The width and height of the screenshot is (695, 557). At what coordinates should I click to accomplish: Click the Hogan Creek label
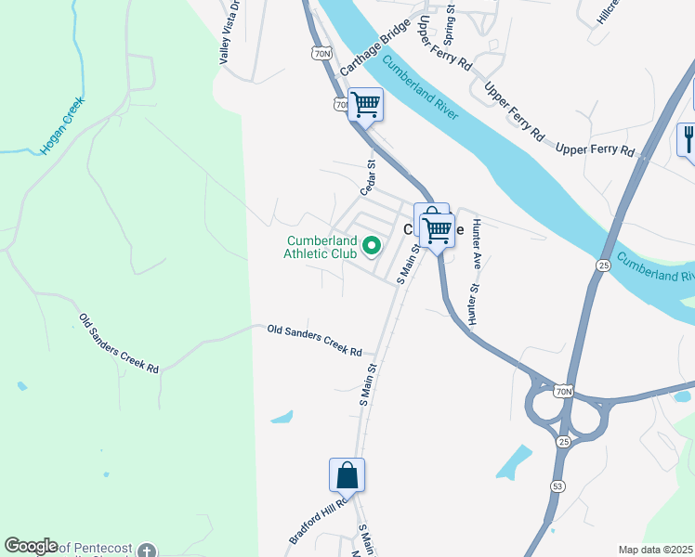(x=62, y=125)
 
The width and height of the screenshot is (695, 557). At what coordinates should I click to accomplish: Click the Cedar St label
(x=367, y=176)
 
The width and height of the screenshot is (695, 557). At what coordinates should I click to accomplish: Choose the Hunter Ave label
(x=477, y=243)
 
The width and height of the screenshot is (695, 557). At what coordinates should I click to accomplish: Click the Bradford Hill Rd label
(x=318, y=522)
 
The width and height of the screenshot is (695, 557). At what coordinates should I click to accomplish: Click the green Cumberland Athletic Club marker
(x=372, y=246)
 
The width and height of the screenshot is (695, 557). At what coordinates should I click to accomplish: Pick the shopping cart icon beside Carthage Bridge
(x=366, y=104)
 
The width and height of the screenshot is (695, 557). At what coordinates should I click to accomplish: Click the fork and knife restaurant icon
(x=688, y=138)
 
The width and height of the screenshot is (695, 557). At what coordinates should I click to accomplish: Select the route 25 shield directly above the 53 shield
(x=563, y=441)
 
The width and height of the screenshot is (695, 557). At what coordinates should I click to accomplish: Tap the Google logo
(x=31, y=546)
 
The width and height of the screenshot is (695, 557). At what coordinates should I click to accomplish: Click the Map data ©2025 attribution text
(x=655, y=550)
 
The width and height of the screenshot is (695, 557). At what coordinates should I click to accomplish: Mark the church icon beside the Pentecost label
(x=146, y=551)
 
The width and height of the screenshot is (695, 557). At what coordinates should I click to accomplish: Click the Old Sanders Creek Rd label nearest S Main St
(x=314, y=341)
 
